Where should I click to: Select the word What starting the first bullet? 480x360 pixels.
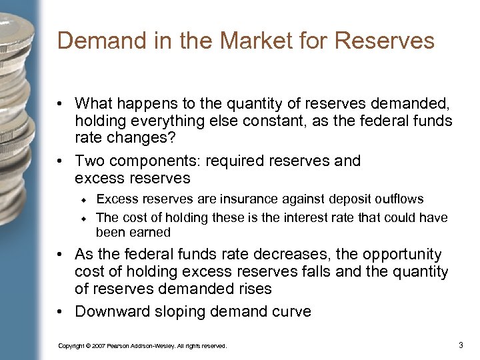pyautogui.click(x=94, y=103)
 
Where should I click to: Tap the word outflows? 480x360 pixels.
pyautogui.click(x=399, y=199)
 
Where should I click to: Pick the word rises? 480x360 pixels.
pyautogui.click(x=253, y=289)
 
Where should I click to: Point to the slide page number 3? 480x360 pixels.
pyautogui.click(x=461, y=345)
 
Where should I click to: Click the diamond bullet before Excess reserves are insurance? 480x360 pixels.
pyautogui.click(x=85, y=200)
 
